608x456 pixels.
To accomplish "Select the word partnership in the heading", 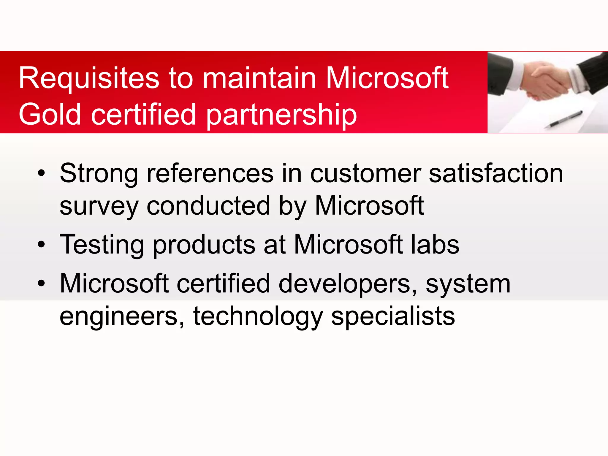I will (281, 115).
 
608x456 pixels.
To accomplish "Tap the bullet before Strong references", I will (41, 173).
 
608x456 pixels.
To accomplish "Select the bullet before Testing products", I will (41, 244).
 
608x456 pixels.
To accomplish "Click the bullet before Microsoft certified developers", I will (41, 283).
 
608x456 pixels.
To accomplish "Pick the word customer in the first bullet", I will (365, 174).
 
